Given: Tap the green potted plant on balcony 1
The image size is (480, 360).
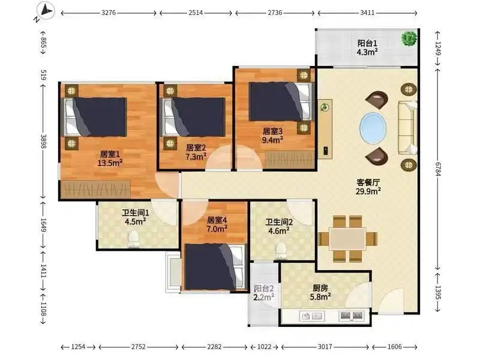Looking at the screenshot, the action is tap(409, 38).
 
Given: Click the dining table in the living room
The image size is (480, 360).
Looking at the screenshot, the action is tap(348, 239).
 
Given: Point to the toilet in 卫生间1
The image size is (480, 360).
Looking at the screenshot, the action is tap(133, 239).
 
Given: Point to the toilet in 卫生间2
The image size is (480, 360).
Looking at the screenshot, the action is tap(281, 251).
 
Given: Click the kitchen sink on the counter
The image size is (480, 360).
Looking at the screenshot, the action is tap(312, 316).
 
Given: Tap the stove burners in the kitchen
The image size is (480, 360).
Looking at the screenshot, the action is tap(352, 316).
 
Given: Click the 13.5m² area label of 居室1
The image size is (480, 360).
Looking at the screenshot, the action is tap(110, 163).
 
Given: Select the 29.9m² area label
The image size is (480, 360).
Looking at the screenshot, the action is tap(368, 191).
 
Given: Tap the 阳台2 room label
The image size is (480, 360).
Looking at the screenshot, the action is tap(263, 289).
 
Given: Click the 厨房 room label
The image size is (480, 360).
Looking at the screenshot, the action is tap(320, 288).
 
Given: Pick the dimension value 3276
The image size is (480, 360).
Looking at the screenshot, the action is tap(109, 13).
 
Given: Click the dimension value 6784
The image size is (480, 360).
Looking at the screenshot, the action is tap(438, 169).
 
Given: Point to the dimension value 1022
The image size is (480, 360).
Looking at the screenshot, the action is tap(264, 347).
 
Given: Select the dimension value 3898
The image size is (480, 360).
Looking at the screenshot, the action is tap(43, 142).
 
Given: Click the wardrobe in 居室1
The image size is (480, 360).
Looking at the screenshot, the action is tap(96, 189).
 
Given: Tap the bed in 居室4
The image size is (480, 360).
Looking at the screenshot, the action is tap(215, 266).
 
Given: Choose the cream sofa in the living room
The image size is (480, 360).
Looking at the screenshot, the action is tap(407, 128).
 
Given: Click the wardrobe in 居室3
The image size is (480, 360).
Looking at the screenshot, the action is tap(290, 160).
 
